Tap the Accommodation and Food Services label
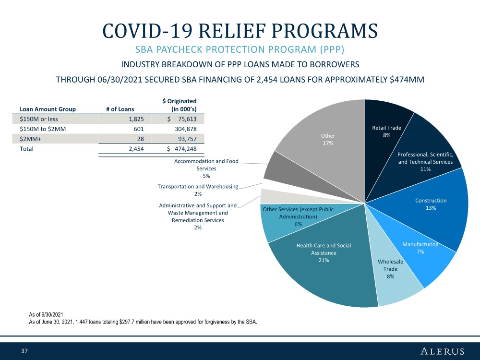point(206,168)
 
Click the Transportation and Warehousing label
point(198,190)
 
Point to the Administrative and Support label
point(198,216)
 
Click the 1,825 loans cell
point(136,119)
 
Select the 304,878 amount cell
point(185,129)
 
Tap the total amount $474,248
point(182,149)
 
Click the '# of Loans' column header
point(120,109)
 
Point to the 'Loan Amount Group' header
point(48,109)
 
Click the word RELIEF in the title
point(233,31)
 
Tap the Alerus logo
point(443,351)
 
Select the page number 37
point(24,351)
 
